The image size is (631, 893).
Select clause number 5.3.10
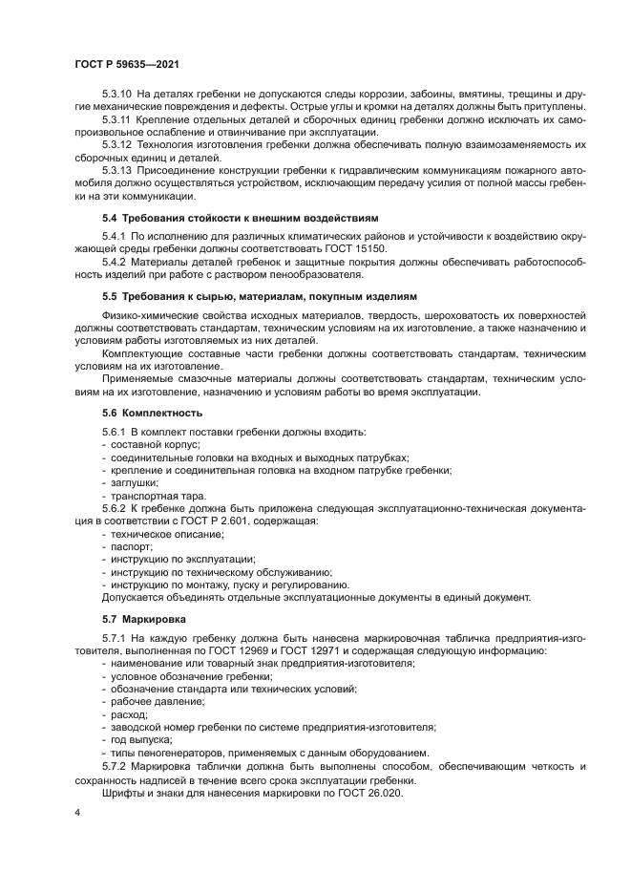117,94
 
